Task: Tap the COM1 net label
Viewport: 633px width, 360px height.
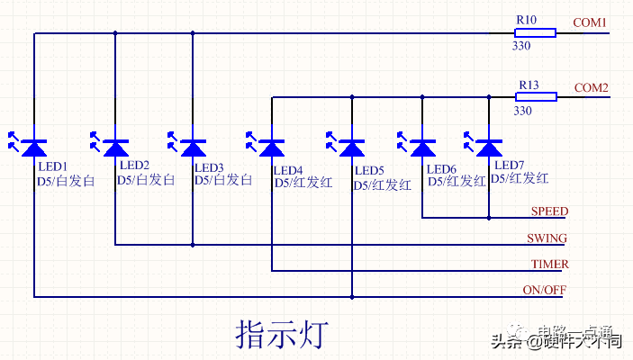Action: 590,22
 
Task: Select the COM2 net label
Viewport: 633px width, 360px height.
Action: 591,87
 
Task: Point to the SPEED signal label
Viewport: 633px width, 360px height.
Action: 549,211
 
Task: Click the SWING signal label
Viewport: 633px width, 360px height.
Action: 547,238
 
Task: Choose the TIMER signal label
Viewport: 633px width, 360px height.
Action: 548,264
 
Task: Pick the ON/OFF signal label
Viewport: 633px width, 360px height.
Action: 545,290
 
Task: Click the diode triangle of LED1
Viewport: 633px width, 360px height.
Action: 34,147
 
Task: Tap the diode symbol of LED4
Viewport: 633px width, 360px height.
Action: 272,147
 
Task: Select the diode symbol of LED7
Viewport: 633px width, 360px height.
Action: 489,147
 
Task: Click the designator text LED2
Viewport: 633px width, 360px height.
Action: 134,166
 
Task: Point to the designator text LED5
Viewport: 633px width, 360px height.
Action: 369,170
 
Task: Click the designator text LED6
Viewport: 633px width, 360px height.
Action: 441,169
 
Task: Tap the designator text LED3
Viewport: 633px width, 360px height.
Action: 209,167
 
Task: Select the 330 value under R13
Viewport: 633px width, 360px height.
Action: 522,111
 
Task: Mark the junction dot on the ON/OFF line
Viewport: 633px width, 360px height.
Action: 352,296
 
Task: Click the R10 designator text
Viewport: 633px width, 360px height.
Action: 527,20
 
